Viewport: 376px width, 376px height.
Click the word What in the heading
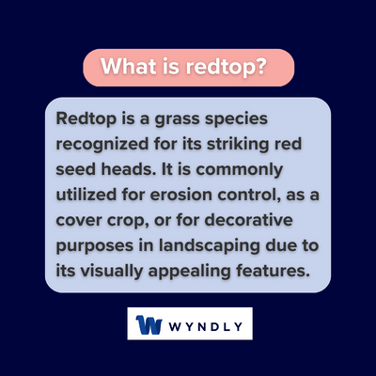(x=127, y=69)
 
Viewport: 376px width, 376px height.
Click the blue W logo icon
(x=150, y=325)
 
